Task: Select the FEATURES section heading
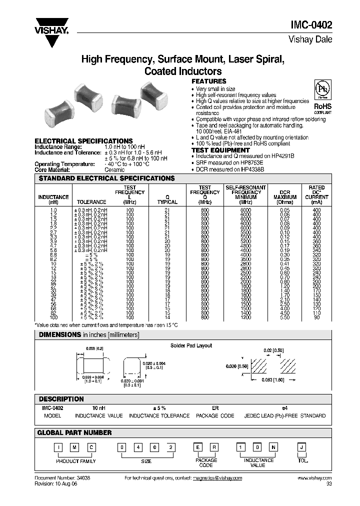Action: [x=209, y=81]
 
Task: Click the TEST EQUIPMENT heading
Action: [x=220, y=150]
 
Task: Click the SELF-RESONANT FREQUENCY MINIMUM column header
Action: [x=245, y=194]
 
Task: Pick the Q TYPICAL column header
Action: [x=167, y=199]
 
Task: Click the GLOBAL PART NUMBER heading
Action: [x=75, y=432]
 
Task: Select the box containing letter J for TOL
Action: [x=301, y=447]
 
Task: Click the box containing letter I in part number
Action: [x=58, y=447]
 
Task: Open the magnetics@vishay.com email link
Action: [x=217, y=478]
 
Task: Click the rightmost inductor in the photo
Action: [x=153, y=95]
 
